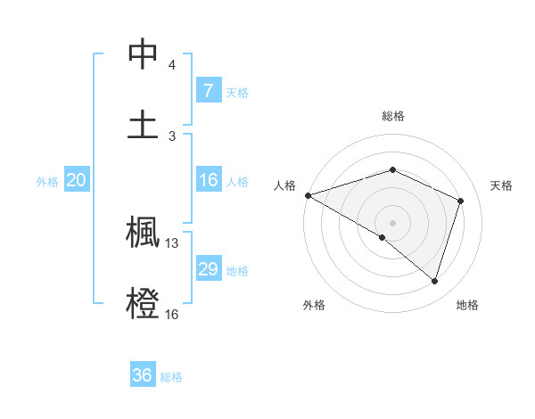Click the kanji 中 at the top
(x=143, y=55)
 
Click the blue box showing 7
(x=208, y=90)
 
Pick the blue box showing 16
(x=208, y=180)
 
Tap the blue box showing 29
(x=208, y=269)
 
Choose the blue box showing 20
(x=77, y=180)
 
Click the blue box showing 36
(x=143, y=375)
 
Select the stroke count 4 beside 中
(x=172, y=65)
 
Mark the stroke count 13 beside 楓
(x=172, y=242)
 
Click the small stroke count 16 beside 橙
(x=172, y=314)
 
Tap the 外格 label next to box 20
(x=47, y=181)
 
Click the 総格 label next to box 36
(x=171, y=377)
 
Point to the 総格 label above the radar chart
(x=392, y=116)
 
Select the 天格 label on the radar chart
(x=502, y=185)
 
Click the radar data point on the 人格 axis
(x=308, y=194)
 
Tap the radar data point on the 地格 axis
(x=434, y=281)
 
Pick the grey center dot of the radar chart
(x=392, y=222)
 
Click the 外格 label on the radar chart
(x=314, y=305)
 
